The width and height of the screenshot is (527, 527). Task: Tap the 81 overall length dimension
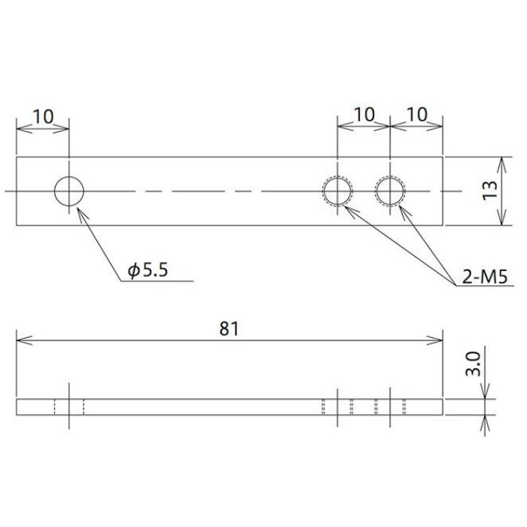(x=230, y=328)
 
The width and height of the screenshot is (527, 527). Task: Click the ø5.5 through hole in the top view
(x=69, y=191)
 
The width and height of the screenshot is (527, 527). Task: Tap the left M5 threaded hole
(x=337, y=191)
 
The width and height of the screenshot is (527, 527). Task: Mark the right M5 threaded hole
(x=390, y=191)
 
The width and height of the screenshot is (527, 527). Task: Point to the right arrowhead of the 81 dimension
(x=437, y=341)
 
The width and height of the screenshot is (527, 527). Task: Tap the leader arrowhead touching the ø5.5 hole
(x=81, y=211)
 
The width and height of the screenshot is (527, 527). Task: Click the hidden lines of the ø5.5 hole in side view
(x=69, y=407)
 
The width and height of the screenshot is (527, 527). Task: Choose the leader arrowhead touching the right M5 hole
(x=401, y=206)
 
